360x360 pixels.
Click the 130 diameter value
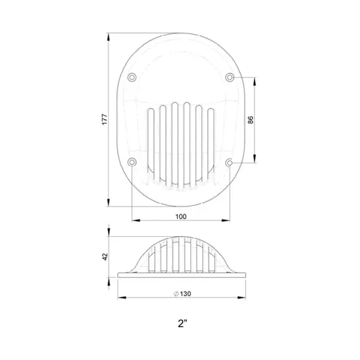pos(183,293)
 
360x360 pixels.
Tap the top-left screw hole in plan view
pos(131,77)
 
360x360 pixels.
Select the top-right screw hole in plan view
pos(230,77)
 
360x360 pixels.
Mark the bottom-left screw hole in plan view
pos(131,162)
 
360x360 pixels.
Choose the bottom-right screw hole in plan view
pos(230,162)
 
